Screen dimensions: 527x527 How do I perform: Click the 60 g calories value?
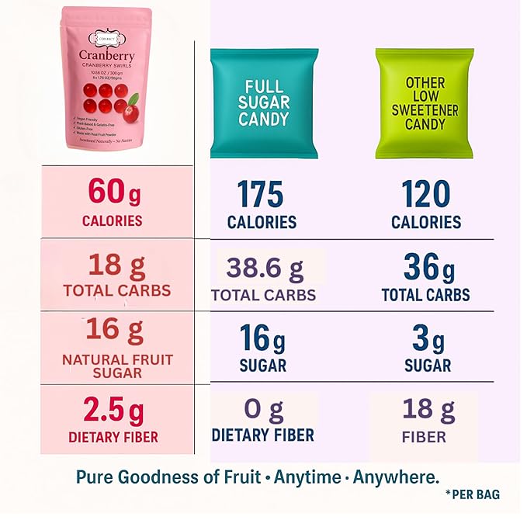[x=113, y=190]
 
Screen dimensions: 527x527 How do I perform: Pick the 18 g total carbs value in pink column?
[x=117, y=265]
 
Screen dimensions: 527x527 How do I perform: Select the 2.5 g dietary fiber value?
[x=113, y=410]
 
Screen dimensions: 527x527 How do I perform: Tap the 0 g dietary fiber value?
[x=264, y=408]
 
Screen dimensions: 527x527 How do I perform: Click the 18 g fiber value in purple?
[x=424, y=408]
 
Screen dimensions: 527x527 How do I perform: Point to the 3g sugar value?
[x=428, y=340]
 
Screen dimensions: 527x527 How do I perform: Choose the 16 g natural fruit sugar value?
[x=115, y=331]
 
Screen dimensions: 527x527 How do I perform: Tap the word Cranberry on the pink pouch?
[x=106, y=55]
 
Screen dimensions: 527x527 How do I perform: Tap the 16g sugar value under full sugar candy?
[x=262, y=339]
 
